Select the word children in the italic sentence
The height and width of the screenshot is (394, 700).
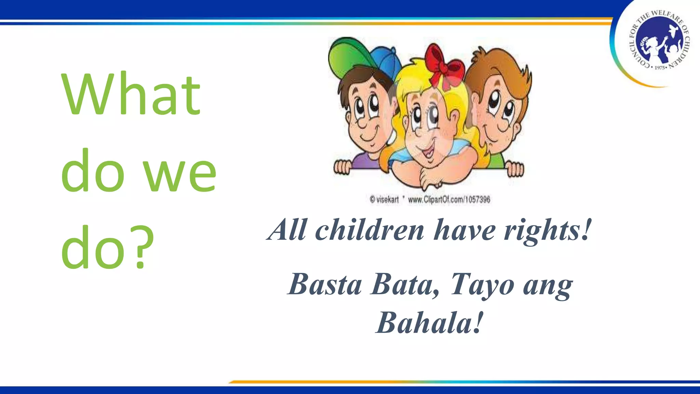(369, 230)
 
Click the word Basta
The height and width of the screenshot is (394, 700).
(325, 285)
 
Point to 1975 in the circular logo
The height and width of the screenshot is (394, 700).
(659, 68)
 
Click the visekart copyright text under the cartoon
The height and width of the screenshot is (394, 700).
(384, 200)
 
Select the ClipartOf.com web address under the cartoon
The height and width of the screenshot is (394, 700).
(449, 200)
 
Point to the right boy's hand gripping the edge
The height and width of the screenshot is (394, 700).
(514, 169)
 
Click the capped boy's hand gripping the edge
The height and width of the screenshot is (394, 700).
(342, 167)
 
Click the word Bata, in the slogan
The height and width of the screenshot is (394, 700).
(405, 285)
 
